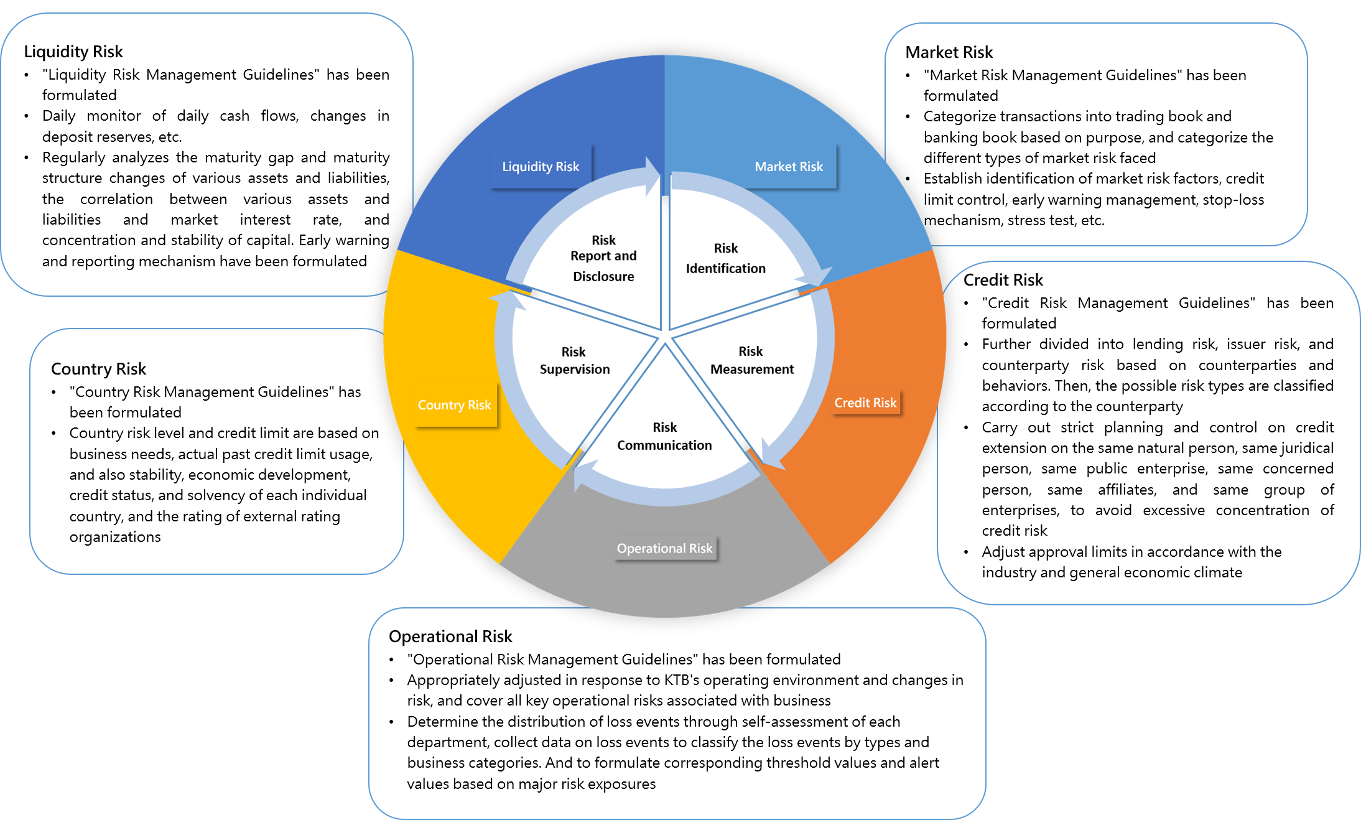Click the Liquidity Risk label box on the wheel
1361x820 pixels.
coord(541,167)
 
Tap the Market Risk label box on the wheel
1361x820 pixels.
coord(788,167)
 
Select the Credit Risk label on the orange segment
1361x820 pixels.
coord(865,403)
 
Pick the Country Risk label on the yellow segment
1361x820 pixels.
coord(454,405)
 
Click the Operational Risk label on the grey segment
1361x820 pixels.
coord(664,548)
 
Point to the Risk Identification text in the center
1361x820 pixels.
coord(725,258)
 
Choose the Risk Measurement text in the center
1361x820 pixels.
coord(751,360)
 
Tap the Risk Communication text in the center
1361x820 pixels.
coord(664,436)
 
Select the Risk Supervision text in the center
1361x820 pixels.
coord(574,360)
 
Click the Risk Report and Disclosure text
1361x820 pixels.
coord(603,258)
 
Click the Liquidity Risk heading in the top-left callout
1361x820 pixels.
coord(73,52)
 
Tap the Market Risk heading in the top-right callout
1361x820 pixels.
coord(949,52)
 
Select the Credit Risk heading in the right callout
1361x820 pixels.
coord(1003,280)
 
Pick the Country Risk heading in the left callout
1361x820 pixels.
coord(98,369)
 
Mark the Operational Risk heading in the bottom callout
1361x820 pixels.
coord(450,636)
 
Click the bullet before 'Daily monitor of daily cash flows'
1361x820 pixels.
coord(27,116)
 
